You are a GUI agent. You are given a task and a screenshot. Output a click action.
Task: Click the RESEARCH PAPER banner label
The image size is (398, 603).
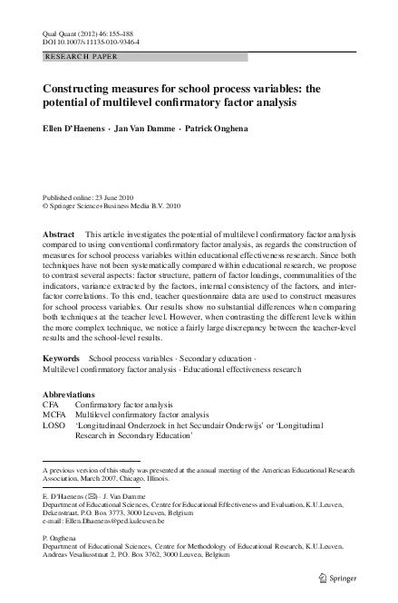tap(82, 57)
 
